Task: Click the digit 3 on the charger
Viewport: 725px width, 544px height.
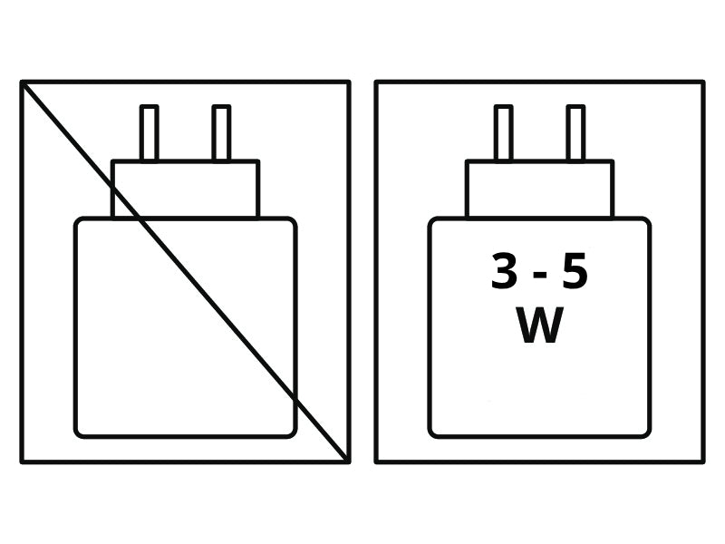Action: [x=505, y=271]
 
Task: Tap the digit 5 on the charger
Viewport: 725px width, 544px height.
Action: [x=575, y=271]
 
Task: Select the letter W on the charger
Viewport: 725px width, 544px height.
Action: [x=539, y=325]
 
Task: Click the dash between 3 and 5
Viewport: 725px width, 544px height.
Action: [x=539, y=276]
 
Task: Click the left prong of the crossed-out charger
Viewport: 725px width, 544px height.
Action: [x=149, y=132]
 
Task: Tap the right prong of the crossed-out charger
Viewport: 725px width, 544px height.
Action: [x=221, y=132]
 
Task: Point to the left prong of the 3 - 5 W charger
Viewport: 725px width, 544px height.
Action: [x=503, y=132]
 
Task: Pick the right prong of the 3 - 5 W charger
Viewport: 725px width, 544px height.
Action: [x=575, y=132]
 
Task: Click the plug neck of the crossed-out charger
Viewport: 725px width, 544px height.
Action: [x=186, y=189]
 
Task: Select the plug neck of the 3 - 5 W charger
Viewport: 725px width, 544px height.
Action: [x=539, y=189]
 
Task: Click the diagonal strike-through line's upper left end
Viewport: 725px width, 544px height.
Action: [x=22, y=83]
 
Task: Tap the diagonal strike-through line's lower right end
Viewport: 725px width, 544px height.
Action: [x=348, y=461]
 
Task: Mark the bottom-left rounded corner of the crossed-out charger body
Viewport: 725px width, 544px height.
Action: [x=79, y=433]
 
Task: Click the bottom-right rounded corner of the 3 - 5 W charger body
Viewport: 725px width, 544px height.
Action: [x=646, y=433]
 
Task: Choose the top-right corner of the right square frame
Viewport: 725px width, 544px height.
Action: [x=703, y=83]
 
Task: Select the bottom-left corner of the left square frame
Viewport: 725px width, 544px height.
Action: [x=22, y=461]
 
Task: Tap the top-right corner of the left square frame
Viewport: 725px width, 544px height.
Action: [x=349, y=83]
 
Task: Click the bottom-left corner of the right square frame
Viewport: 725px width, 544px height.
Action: [x=376, y=461]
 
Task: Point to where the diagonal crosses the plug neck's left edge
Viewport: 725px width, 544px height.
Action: [x=112, y=188]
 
